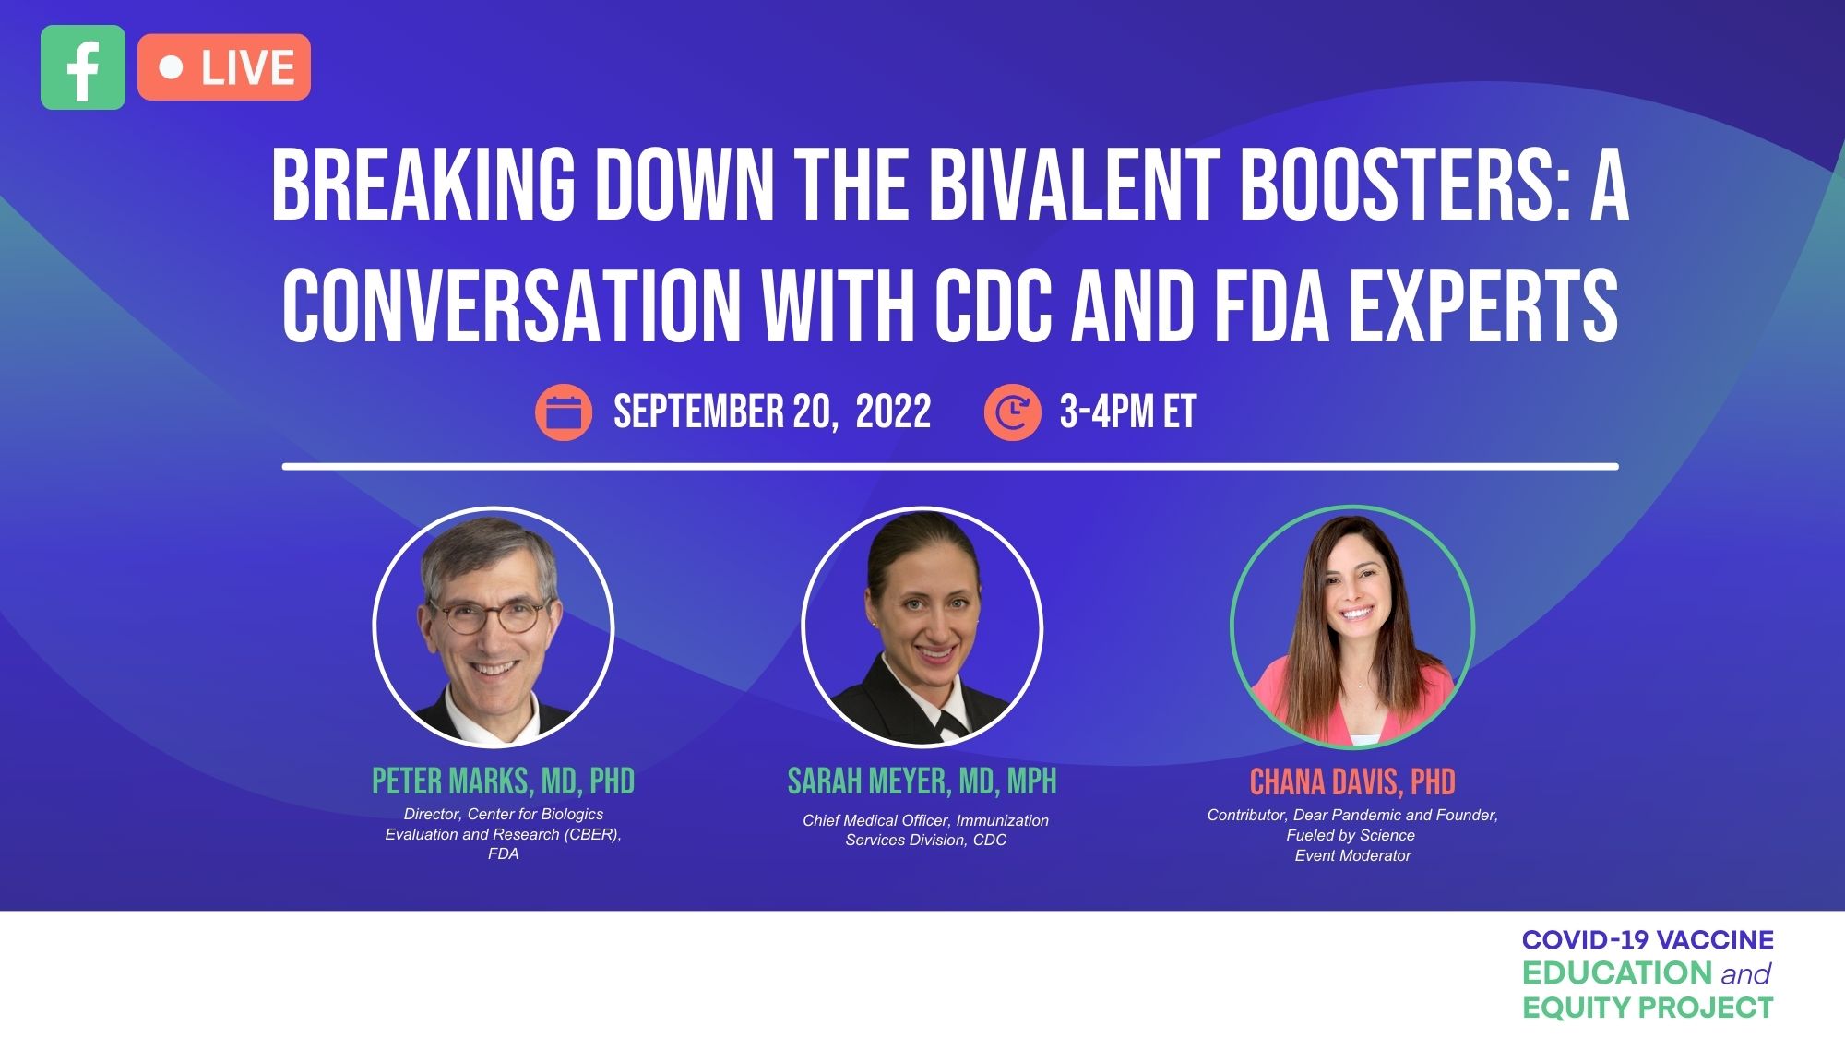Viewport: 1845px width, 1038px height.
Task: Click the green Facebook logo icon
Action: pyautogui.click(x=83, y=67)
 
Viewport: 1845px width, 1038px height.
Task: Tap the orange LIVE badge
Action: pyautogui.click(x=224, y=67)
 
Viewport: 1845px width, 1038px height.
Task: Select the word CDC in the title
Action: pyautogui.click(x=993, y=305)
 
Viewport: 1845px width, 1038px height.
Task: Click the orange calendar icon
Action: pyautogui.click(x=564, y=412)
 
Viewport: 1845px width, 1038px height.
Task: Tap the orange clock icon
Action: pyautogui.click(x=1012, y=412)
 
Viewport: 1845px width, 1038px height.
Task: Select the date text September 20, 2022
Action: pyautogui.click(x=772, y=412)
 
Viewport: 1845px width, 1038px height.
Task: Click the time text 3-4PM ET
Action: pyautogui.click(x=1128, y=412)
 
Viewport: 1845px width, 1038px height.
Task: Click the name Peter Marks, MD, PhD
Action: pyautogui.click(x=503, y=781)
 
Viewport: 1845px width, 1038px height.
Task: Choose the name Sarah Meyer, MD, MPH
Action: pyautogui.click(x=922, y=781)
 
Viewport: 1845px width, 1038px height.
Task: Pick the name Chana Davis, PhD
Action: pyautogui.click(x=1352, y=782)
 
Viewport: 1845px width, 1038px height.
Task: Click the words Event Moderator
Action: pyautogui.click(x=1352, y=855)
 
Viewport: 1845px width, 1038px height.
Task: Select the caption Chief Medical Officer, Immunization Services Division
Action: pyautogui.click(x=925, y=829)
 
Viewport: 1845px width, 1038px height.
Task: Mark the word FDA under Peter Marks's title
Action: pyautogui.click(x=503, y=853)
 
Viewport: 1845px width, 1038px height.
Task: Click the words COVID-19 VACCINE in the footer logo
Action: pyautogui.click(x=1648, y=940)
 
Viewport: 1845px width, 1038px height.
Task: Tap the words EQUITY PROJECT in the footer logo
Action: pyautogui.click(x=1648, y=1008)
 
